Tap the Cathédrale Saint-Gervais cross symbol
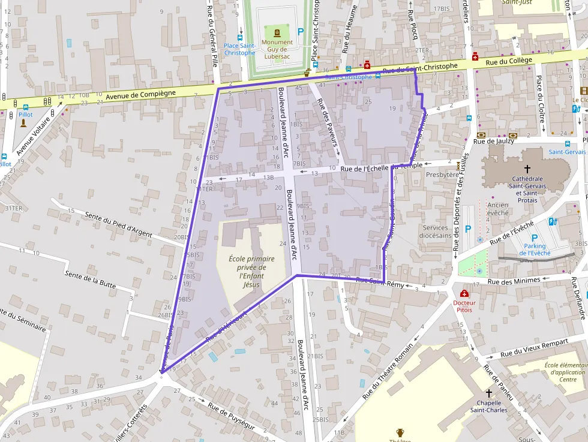coord(527,170)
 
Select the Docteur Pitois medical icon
coord(464,293)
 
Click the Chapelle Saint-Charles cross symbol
coord(488,393)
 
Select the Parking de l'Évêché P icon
coord(534,237)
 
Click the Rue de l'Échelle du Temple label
coord(380,168)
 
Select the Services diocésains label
coord(435,231)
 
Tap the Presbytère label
coord(441,175)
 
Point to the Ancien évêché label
coord(498,209)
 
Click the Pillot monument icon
coord(23,124)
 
